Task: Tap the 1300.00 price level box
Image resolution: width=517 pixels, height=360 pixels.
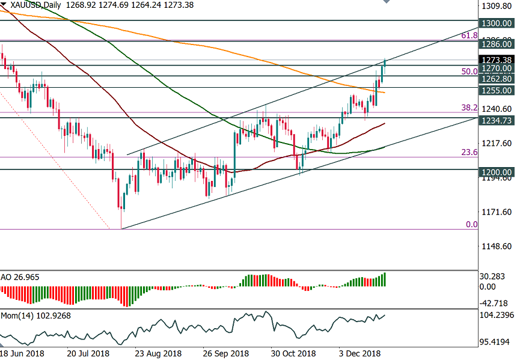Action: [497, 23]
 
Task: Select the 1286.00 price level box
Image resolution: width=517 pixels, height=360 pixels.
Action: [497, 44]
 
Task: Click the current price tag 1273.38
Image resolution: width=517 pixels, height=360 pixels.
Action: [497, 59]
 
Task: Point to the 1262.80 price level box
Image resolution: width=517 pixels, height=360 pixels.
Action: [497, 79]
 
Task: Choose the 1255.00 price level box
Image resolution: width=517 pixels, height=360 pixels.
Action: [497, 90]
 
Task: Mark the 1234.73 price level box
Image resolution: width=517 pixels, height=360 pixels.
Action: [497, 121]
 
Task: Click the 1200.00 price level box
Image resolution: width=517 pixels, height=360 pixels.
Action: [497, 172]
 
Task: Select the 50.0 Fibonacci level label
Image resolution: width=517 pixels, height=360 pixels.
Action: [469, 71]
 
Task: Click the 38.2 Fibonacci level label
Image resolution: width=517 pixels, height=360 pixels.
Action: [469, 108]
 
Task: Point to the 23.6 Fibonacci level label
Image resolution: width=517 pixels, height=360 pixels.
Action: [469, 153]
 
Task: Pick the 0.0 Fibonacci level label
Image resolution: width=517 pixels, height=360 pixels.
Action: [472, 224]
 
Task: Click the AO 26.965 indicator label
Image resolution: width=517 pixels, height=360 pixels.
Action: [22, 278]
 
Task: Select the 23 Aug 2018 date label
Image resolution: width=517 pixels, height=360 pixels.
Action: [158, 353]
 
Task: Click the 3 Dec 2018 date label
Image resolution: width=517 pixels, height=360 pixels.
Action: [359, 353]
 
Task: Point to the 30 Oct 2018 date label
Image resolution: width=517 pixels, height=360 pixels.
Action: [293, 353]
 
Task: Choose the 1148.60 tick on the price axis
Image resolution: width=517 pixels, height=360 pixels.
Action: [497, 246]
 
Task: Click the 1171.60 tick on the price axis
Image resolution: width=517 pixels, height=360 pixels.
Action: [497, 212]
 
